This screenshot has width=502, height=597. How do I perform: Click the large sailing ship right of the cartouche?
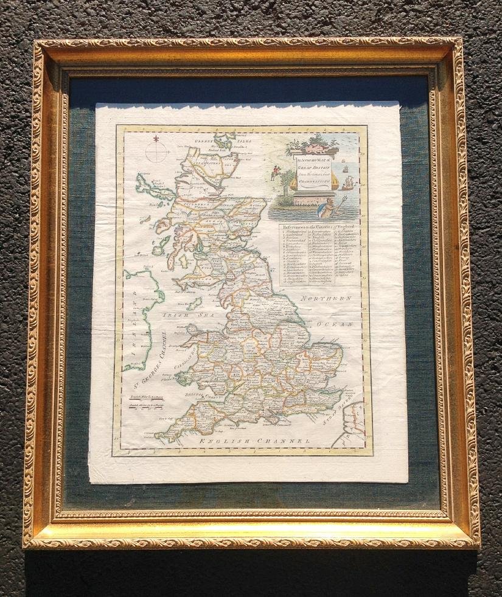(347, 182)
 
